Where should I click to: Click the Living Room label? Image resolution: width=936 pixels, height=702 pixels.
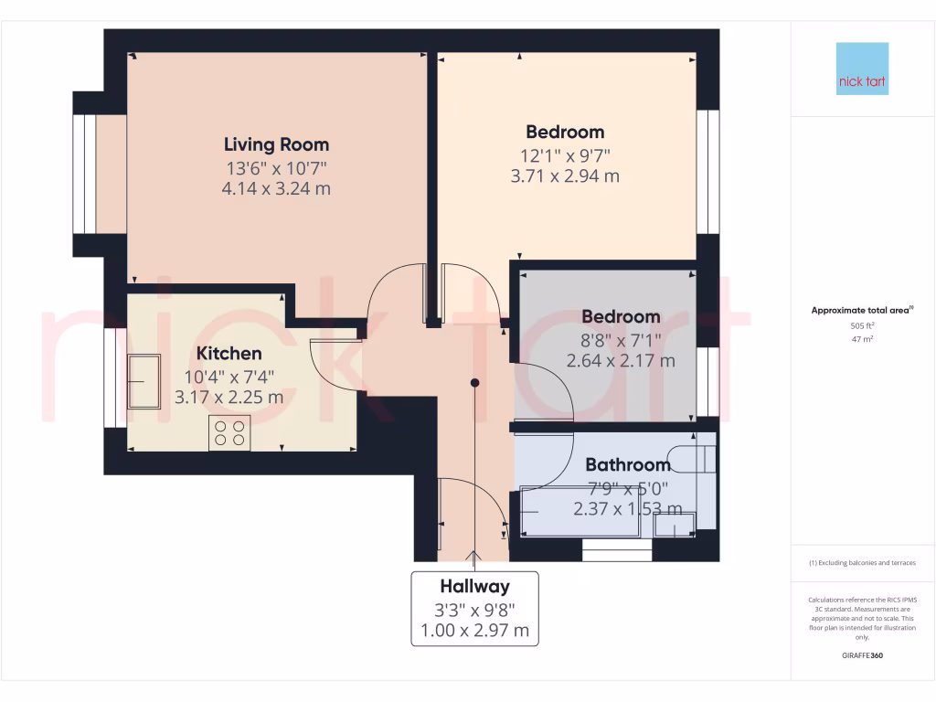(x=276, y=144)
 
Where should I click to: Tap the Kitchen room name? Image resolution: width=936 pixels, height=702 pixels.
(x=229, y=353)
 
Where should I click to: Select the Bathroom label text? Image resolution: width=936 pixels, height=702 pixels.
(x=627, y=465)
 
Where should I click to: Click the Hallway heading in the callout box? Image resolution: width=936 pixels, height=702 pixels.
(x=474, y=587)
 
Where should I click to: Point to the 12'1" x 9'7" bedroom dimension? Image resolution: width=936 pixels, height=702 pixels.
(x=564, y=154)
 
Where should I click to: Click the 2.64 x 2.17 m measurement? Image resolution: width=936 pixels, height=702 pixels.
(x=621, y=361)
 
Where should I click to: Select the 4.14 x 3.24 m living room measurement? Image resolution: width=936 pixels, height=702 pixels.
(x=276, y=189)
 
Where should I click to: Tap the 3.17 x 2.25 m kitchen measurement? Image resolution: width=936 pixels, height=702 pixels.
(x=229, y=398)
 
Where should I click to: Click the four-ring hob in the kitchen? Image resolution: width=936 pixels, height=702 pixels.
(x=229, y=432)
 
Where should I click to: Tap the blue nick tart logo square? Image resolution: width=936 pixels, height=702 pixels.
(x=862, y=69)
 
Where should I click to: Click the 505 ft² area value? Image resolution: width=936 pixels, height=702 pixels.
(x=862, y=325)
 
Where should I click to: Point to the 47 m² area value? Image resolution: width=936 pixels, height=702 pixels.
(x=862, y=338)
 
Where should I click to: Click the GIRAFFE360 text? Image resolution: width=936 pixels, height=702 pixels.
(x=862, y=655)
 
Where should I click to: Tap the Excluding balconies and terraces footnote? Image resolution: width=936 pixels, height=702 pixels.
(x=862, y=563)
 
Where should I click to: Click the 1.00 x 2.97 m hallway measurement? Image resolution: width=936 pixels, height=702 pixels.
(x=474, y=630)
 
